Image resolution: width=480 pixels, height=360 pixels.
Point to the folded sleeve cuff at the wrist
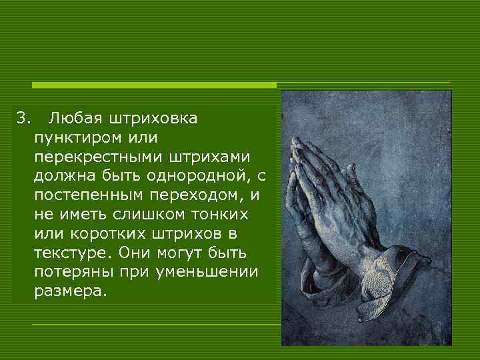393,263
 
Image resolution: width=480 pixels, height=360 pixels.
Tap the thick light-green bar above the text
154,85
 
